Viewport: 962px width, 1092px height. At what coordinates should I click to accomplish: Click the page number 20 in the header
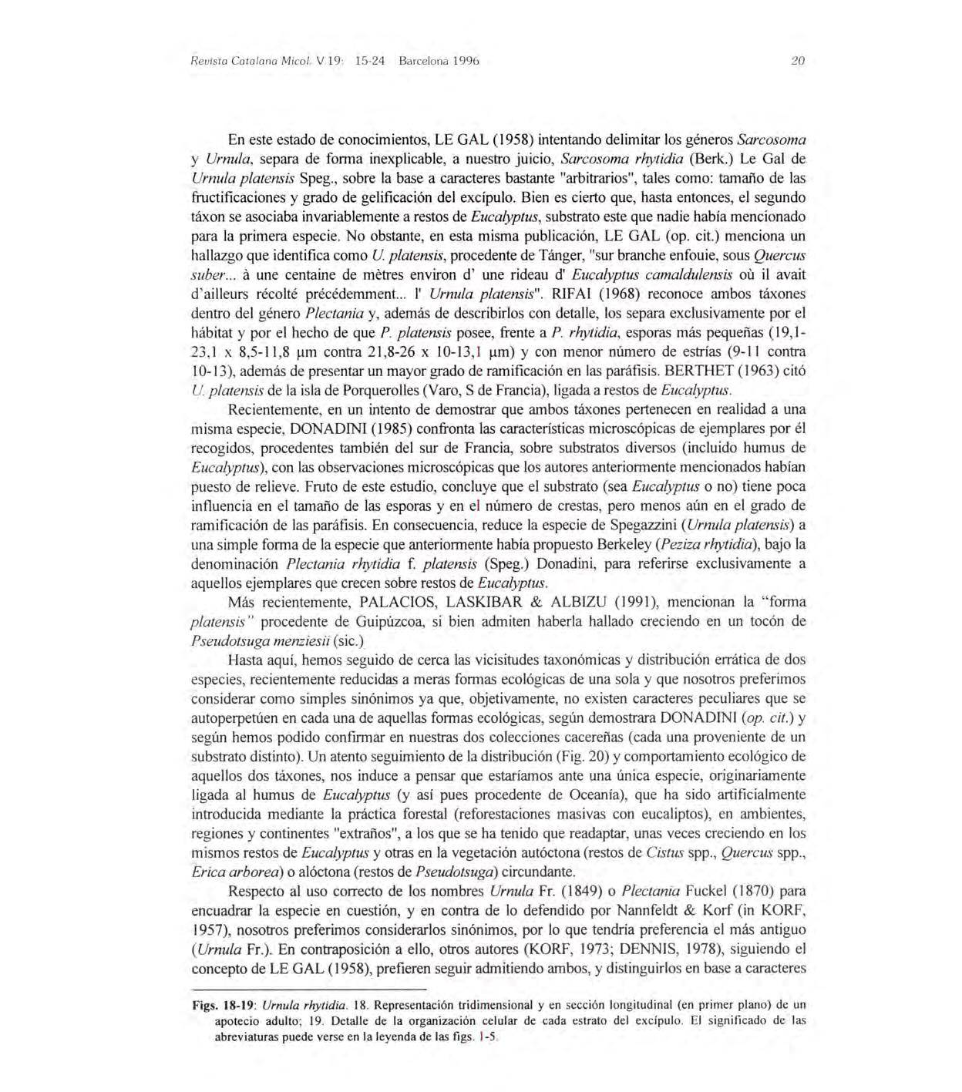pyautogui.click(x=798, y=61)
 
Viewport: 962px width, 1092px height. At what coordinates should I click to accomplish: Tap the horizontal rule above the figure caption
pyautogui.click(x=308, y=989)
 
